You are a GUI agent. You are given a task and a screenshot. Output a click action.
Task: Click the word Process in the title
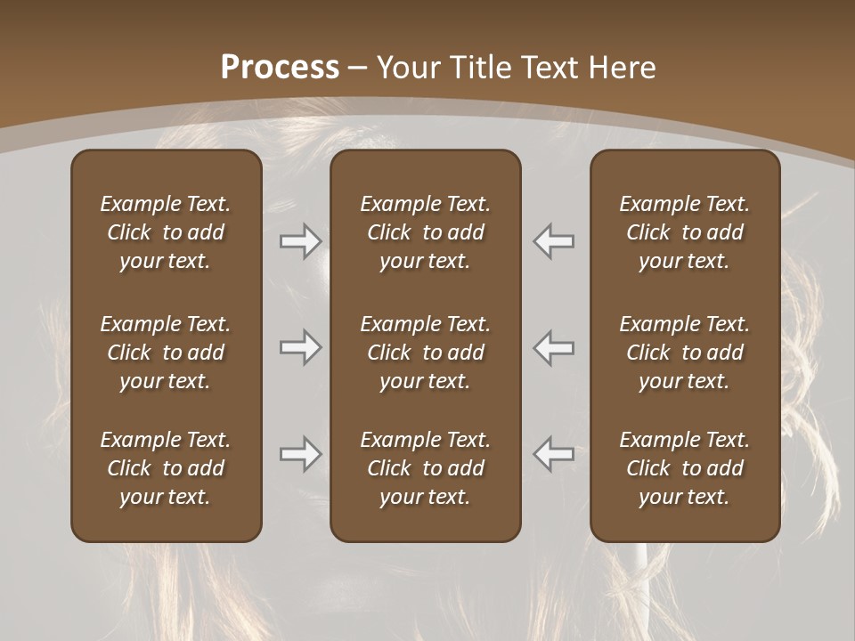click(280, 68)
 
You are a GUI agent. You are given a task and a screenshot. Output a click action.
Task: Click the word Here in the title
click(623, 68)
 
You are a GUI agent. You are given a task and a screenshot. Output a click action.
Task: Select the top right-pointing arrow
click(301, 241)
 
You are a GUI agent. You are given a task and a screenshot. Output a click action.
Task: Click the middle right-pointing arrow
click(301, 347)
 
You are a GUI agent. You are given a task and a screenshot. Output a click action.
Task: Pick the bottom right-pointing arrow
click(301, 454)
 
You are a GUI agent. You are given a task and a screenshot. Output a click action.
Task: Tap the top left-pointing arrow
click(554, 241)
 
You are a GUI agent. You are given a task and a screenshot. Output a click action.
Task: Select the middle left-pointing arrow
click(554, 347)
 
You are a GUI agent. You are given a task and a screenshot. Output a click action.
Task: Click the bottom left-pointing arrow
click(554, 454)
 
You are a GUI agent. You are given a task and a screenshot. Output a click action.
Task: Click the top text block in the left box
click(166, 232)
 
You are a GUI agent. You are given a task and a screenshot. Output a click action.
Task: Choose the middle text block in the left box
click(166, 353)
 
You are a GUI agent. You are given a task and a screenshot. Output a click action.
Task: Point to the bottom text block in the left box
click(166, 468)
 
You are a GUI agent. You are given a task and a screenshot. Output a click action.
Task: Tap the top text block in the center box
click(425, 232)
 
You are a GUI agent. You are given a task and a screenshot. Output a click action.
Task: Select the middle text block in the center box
click(425, 353)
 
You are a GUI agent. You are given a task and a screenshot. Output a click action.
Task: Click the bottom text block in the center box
click(425, 468)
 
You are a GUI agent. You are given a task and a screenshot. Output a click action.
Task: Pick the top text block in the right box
click(685, 232)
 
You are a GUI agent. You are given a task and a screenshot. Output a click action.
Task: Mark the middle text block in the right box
click(685, 353)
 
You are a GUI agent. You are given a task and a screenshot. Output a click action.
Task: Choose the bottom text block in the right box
click(685, 468)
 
